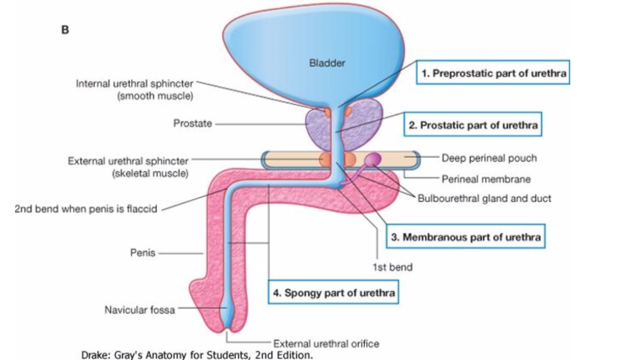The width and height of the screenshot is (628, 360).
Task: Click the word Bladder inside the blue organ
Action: [327, 63]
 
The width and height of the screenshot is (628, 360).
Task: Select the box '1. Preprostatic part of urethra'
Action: [492, 73]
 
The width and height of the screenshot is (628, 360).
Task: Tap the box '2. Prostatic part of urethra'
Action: [474, 125]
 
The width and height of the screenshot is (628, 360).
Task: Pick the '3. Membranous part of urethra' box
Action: [466, 237]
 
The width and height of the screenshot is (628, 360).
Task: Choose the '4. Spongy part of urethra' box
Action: [334, 293]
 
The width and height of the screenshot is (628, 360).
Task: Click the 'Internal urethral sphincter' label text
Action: [134, 84]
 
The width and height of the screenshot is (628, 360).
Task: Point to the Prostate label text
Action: [193, 124]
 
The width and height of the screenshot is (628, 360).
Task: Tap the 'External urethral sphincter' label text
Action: [129, 161]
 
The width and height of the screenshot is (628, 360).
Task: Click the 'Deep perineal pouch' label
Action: [489, 158]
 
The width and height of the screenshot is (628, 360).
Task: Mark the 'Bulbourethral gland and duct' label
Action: [484, 198]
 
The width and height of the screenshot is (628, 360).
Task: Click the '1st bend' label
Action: [392, 267]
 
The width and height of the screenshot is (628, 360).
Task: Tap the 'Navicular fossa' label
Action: [139, 310]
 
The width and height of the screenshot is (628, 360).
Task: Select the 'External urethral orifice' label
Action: [326, 344]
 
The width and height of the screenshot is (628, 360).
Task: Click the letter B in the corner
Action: [65, 30]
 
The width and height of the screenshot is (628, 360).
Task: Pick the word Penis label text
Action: [143, 253]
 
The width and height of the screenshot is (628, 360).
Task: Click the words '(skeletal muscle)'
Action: [149, 173]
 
